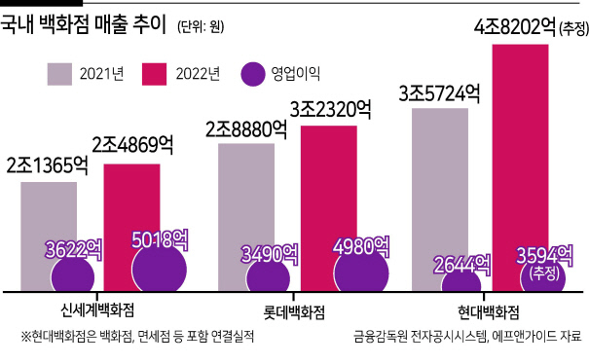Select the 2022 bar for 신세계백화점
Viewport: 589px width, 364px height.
point(131,202)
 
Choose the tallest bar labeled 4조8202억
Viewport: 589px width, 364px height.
point(521,150)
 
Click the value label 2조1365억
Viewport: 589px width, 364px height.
point(48,165)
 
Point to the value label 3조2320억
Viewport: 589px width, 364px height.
point(331,110)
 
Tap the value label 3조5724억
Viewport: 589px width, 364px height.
point(439,93)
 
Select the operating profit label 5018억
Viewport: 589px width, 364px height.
point(160,239)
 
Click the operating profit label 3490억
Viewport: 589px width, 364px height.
point(270,254)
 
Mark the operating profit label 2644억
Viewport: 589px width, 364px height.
point(462,265)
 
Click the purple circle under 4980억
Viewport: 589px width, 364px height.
point(361,272)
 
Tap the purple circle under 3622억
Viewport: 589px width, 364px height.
point(73,276)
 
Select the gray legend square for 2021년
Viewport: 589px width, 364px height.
point(59,74)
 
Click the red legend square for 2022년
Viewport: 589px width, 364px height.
point(155,74)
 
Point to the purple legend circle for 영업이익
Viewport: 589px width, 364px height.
point(253,74)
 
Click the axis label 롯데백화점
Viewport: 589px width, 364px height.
point(294,312)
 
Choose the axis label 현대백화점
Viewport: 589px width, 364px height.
point(489,312)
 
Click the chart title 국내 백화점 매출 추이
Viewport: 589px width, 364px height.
point(83,24)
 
